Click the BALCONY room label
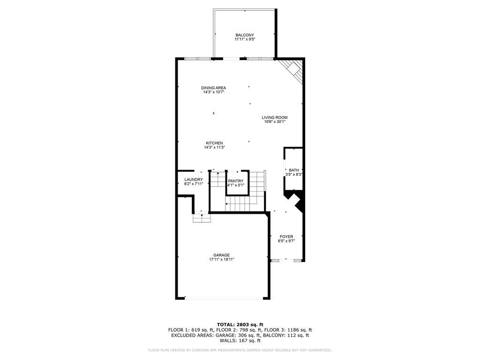coord(245,35)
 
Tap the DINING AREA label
coord(213,88)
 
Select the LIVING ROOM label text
coord(275,117)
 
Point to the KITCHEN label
coord(214,143)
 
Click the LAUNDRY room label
coord(194,180)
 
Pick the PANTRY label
coord(236,181)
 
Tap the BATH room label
coord(294,170)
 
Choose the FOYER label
coord(286,237)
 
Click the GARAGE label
coord(221,255)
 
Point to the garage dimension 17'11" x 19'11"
coord(222,260)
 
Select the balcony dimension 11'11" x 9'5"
coord(245,39)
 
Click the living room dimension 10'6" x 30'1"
coord(275,121)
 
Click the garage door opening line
coord(224,297)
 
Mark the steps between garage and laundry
coord(202,218)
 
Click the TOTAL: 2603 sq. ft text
coord(240,324)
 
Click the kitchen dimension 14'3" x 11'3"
coord(214,147)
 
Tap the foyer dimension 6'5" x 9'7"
coord(286,241)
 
